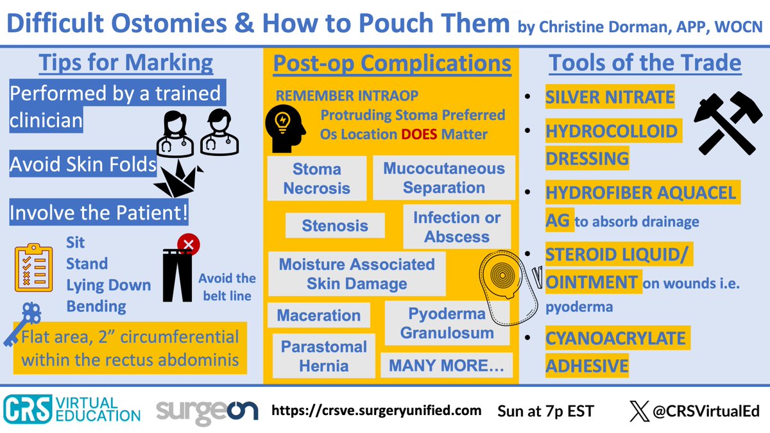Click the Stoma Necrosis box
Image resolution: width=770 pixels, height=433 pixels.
pyautogui.click(x=317, y=178)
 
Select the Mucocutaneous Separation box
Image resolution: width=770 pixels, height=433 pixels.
pyautogui.click(x=444, y=178)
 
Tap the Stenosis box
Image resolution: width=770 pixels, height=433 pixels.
pyautogui.click(x=335, y=225)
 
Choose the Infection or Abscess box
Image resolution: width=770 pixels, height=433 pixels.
pyautogui.click(x=457, y=226)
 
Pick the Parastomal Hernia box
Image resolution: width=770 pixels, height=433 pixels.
pyautogui.click(x=324, y=356)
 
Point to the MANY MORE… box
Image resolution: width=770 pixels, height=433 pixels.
pyautogui.click(x=447, y=366)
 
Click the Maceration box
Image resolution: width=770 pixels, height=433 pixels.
pyautogui.click(x=319, y=315)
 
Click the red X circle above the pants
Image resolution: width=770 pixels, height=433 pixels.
pyautogui.click(x=189, y=244)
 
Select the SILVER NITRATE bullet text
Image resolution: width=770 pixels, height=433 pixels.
pyautogui.click(x=610, y=98)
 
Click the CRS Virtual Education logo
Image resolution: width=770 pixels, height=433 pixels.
pyautogui.click(x=71, y=409)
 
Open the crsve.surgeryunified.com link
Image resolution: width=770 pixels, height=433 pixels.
pyautogui.click(x=377, y=409)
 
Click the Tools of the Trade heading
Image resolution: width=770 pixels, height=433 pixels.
pyautogui.click(x=645, y=64)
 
